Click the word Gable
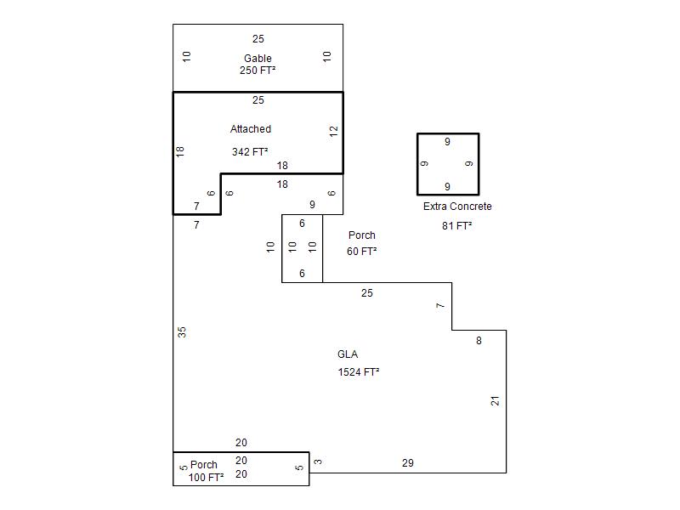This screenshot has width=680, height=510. (258, 58)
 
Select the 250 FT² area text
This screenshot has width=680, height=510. (258, 71)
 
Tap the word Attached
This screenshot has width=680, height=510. (251, 129)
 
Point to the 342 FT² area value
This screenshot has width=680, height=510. (250, 152)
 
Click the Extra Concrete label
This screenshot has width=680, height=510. (457, 207)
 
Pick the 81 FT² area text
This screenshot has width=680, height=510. (457, 226)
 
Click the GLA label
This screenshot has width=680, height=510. (348, 354)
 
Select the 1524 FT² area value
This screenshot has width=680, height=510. (359, 372)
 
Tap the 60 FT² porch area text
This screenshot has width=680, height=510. (362, 251)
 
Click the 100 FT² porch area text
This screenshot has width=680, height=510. (206, 478)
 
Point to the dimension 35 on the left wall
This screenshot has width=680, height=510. (182, 332)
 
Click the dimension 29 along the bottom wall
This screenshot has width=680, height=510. (408, 463)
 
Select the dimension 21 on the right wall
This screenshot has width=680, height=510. (496, 401)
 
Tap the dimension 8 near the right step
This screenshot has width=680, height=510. (479, 341)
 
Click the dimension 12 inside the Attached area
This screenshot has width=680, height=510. (333, 131)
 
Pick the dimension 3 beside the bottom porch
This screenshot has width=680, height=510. (318, 462)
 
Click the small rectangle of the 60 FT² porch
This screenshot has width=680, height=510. (282, 248)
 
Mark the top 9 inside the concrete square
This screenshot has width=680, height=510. (447, 142)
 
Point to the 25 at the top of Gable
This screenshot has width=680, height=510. (258, 39)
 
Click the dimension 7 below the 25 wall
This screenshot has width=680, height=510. (440, 306)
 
